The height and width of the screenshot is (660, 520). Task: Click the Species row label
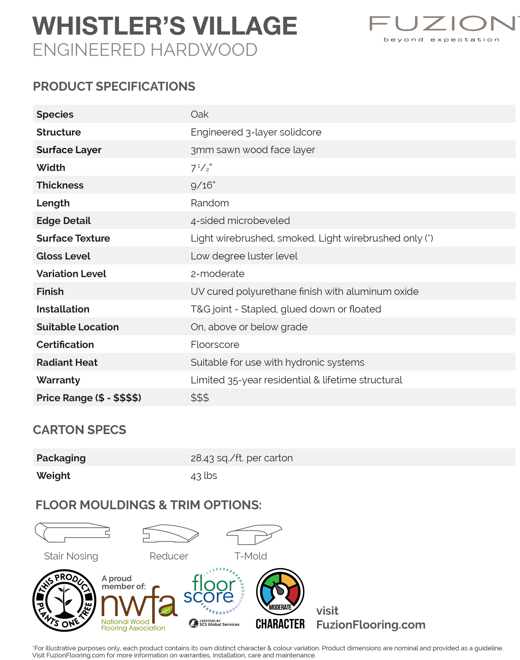tap(55, 114)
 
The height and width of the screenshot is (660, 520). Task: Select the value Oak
tap(199, 114)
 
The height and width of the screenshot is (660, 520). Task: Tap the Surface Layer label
tap(69, 150)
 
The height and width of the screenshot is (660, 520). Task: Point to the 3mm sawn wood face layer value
tap(253, 150)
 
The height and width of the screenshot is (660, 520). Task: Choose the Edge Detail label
tap(64, 221)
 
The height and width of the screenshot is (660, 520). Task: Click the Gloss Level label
tap(63, 256)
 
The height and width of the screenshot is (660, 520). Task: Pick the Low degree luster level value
tap(244, 256)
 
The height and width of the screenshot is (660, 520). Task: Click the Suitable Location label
tap(78, 327)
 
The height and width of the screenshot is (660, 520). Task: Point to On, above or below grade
tap(249, 327)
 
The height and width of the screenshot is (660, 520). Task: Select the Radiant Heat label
tap(67, 362)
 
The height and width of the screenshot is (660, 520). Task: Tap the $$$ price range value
tap(200, 398)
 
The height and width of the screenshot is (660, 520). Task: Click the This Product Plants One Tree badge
tap(64, 601)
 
